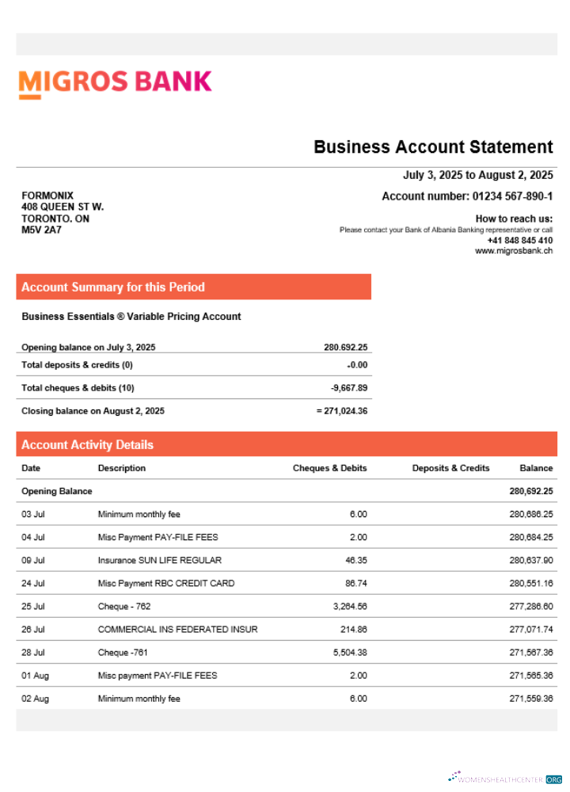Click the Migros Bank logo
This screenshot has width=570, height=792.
pos(115,82)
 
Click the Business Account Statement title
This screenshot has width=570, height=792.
pos(433,147)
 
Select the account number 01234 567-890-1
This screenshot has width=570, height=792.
pos(512,196)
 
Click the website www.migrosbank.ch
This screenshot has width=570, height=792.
pos(514,250)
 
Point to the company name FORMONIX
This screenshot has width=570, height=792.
pos(47,196)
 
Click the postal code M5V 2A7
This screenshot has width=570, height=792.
pos(41,230)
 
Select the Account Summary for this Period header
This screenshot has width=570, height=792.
pos(113,287)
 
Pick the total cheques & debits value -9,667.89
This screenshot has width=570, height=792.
pos(349,388)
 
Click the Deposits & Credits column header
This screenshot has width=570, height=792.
pos(450,468)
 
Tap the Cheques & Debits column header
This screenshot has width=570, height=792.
pos(329,468)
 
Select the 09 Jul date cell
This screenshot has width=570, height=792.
pos(33,560)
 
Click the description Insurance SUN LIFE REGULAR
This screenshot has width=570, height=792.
pos(154,560)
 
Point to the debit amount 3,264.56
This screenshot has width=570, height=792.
pos(348,607)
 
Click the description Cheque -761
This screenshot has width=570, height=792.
pos(123,653)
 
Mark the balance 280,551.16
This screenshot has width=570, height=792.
pos(530,584)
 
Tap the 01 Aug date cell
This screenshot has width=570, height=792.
pos(35,676)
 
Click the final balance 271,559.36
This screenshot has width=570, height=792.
pos(530,699)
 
